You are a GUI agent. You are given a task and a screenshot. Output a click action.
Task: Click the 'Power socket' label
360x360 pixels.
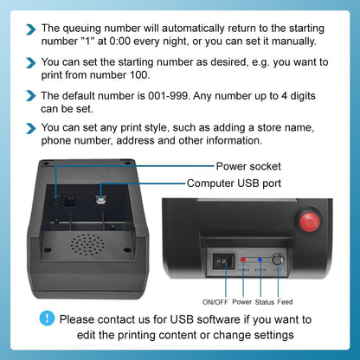pyautogui.click(x=247, y=165)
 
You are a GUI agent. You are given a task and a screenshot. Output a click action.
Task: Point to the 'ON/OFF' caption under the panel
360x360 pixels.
pyautogui.click(x=216, y=301)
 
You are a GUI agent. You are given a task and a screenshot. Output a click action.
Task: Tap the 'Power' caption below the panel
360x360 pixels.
pyautogui.click(x=242, y=301)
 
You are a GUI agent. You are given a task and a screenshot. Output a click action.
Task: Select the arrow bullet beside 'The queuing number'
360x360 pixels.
pyautogui.click(x=30, y=29)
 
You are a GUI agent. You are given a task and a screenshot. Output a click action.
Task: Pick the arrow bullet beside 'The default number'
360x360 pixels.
pyautogui.click(x=30, y=95)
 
